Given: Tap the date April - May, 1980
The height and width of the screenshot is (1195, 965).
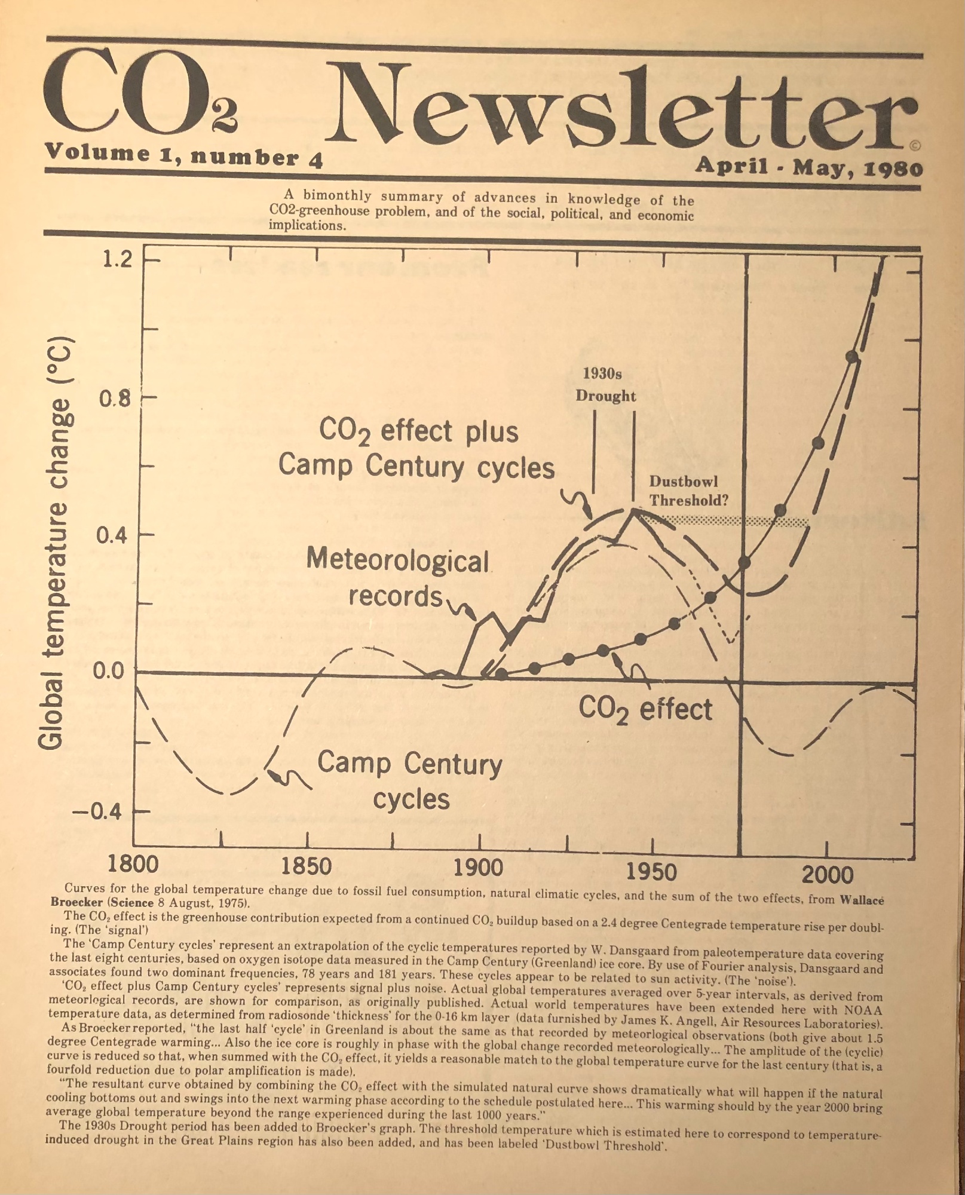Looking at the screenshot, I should [x=808, y=166].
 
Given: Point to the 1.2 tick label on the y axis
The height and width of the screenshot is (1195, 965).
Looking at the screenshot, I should [x=116, y=259].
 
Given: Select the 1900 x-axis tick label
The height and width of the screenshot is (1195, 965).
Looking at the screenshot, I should [x=478, y=868].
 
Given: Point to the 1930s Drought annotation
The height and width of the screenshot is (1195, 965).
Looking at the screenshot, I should [x=605, y=385].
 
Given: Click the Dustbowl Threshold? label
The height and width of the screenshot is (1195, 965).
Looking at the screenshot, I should [x=688, y=491].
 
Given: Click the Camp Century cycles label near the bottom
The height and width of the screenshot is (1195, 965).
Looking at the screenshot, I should [x=410, y=781].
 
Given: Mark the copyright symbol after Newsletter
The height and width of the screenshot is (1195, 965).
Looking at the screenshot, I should [x=915, y=145].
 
